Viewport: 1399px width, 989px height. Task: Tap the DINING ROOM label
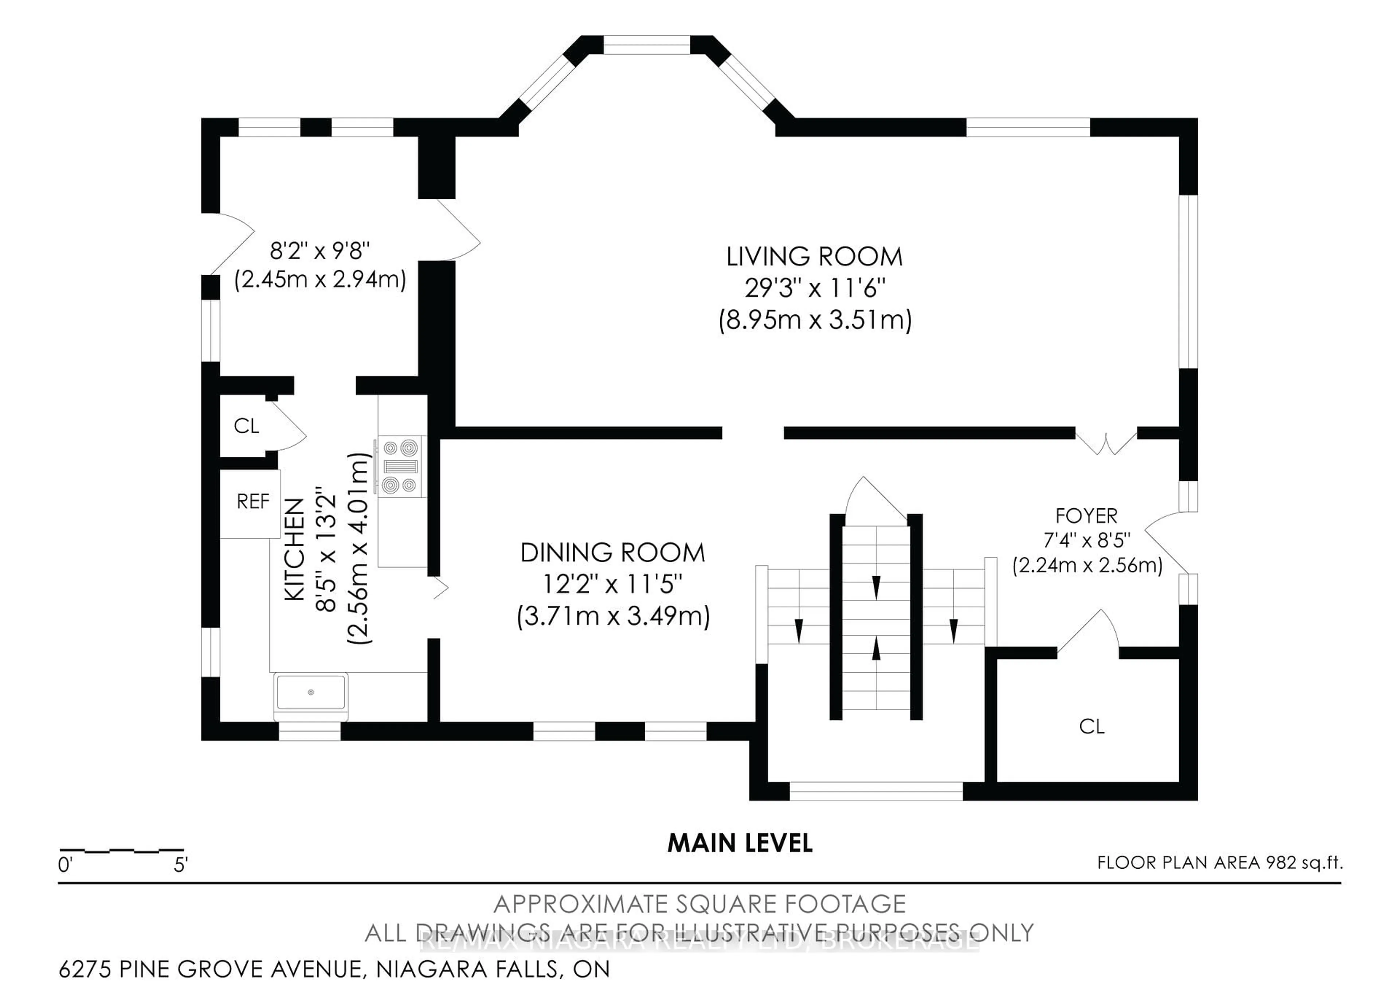point(612,553)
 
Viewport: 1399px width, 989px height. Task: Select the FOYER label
point(1086,516)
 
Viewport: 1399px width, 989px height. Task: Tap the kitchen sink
point(311,692)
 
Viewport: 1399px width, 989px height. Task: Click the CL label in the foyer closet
point(1091,726)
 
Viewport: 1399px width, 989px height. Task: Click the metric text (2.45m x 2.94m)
point(320,280)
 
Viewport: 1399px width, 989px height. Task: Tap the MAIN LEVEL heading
point(740,843)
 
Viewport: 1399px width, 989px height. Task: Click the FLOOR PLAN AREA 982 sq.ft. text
point(1219,863)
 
